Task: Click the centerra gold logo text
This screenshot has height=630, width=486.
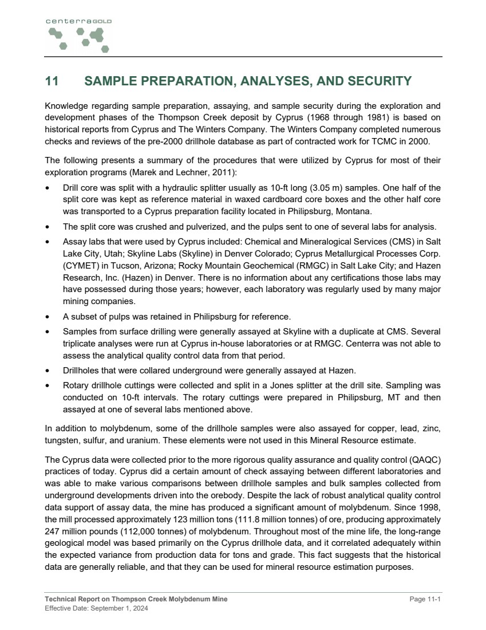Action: [x=78, y=21]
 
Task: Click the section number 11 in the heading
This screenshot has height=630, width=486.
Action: [x=52, y=81]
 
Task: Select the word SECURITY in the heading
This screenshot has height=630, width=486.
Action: [x=378, y=81]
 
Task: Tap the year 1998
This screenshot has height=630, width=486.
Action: [x=430, y=509]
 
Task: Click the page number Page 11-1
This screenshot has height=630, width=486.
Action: [x=425, y=599]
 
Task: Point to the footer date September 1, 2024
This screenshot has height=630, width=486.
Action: [x=123, y=608]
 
